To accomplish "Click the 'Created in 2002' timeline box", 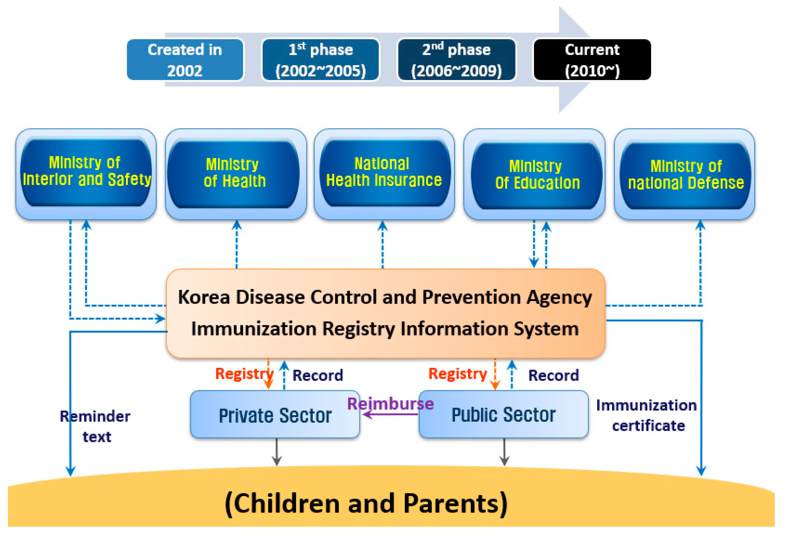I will point(185,60).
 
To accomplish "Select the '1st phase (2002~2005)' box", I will point(320,60).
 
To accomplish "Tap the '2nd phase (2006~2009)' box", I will point(456,60).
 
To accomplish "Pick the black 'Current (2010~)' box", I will point(592,60).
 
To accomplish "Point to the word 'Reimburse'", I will point(390,403).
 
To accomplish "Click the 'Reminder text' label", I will point(95,426).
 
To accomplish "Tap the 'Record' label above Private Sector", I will point(318,375).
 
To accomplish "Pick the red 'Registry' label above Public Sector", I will point(458,374).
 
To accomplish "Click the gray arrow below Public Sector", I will point(504,452).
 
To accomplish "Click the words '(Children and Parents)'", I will point(366,504).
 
